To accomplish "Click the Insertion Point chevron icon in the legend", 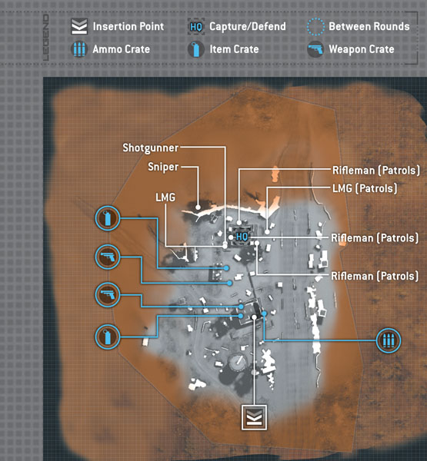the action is click(79, 26).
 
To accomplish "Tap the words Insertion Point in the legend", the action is click(128, 26).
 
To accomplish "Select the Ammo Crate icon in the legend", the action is click(79, 49).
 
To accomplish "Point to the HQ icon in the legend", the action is click(196, 27).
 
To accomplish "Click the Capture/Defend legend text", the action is click(248, 26).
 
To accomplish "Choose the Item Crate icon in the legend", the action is click(196, 49).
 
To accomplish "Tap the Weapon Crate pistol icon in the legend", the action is click(315, 49).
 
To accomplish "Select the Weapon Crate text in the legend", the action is click(362, 49).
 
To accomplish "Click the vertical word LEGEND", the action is click(46, 38).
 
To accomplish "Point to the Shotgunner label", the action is click(151, 148).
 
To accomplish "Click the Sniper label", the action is click(163, 167).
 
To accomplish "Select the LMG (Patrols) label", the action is click(365, 188).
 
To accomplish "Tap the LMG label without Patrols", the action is click(165, 197).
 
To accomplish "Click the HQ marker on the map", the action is click(242, 237).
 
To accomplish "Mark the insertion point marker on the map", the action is click(254, 417).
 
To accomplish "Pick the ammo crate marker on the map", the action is click(389, 340).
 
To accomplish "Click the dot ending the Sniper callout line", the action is click(198, 207).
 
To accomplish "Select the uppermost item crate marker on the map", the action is click(108, 218).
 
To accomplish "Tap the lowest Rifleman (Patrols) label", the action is click(375, 276).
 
